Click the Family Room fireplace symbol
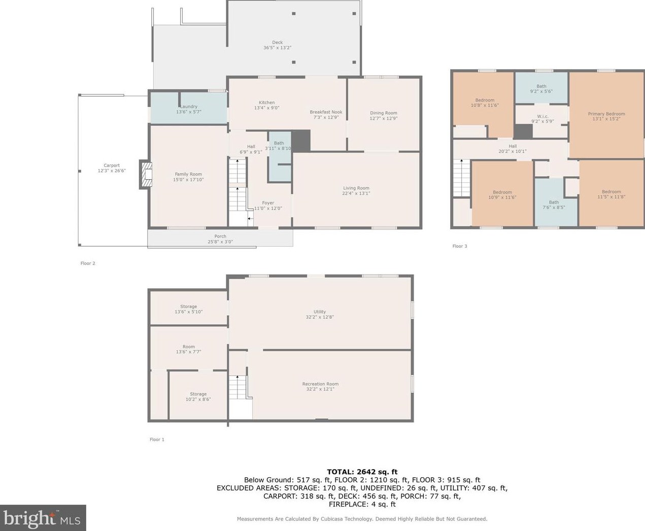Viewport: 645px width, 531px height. (146, 174)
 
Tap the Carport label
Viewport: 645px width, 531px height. (112, 165)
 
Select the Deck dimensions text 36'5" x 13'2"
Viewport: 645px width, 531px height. (278, 48)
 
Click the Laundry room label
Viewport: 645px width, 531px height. (189, 107)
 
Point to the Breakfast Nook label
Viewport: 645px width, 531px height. (326, 112)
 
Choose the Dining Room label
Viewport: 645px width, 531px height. (384, 113)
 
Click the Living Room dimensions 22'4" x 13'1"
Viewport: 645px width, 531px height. (356, 193)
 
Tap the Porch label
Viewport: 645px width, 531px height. (220, 236)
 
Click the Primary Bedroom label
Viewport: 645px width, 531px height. (606, 114)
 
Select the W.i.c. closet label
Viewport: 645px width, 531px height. (543, 116)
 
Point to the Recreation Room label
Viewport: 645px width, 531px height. (320, 384)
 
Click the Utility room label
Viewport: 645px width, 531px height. (320, 312)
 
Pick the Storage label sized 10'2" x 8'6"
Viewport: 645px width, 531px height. (198, 394)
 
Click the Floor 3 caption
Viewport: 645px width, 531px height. (460, 246)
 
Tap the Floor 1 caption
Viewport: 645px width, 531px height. (157, 440)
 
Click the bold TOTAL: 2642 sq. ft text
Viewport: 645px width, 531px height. (362, 472)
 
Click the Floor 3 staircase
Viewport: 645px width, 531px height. (461, 178)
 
